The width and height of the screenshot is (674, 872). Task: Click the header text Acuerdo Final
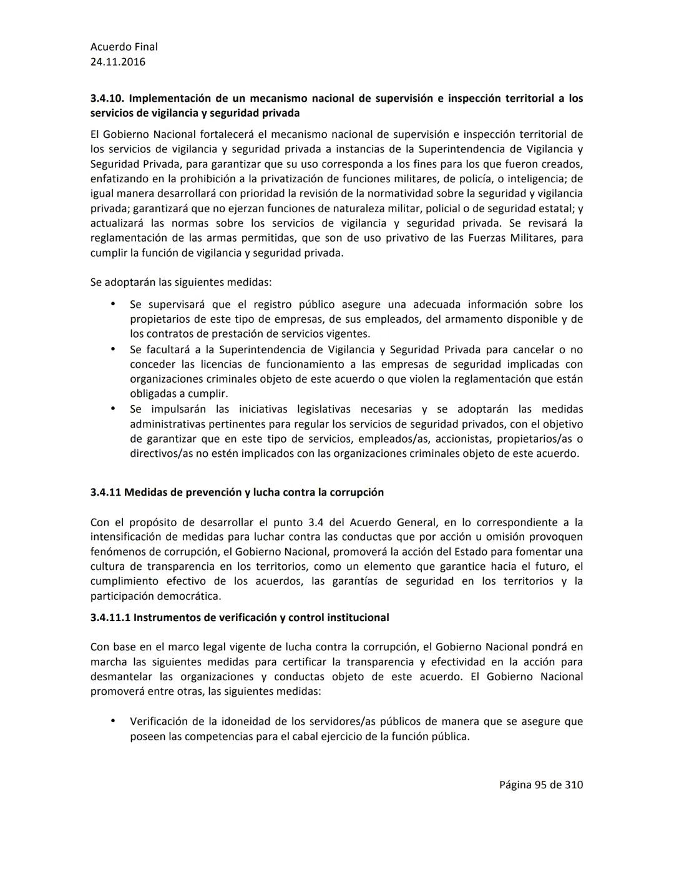click(x=124, y=47)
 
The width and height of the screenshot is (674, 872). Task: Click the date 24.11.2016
click(x=117, y=62)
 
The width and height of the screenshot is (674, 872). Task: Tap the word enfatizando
click(x=120, y=179)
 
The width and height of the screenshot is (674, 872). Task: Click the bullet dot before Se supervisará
click(x=113, y=304)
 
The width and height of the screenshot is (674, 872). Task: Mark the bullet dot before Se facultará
click(x=113, y=349)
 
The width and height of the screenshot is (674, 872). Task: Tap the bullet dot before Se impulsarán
click(x=113, y=409)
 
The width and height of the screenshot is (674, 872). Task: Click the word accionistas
click(x=462, y=439)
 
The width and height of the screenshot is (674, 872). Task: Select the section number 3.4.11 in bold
click(x=105, y=492)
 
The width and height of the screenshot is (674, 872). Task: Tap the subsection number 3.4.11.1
click(x=110, y=618)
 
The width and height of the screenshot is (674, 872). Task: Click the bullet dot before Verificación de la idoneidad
click(x=113, y=721)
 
